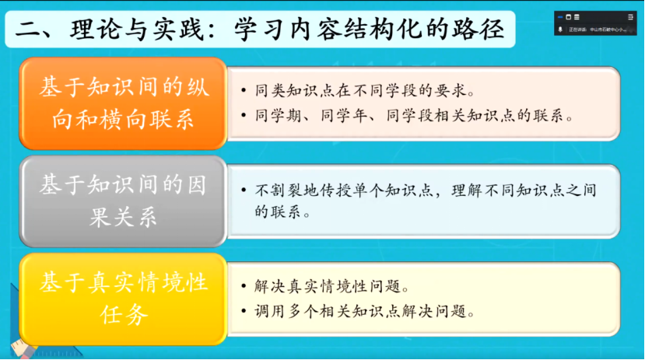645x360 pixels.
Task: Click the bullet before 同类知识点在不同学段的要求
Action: pyautogui.click(x=244, y=91)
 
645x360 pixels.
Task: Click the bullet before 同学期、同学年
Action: pyautogui.click(x=244, y=117)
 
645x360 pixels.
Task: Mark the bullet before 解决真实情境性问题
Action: pyautogui.click(x=244, y=285)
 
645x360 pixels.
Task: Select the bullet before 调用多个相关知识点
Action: pyautogui.click(x=244, y=312)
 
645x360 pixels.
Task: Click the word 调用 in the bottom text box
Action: pyautogui.click(x=267, y=312)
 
